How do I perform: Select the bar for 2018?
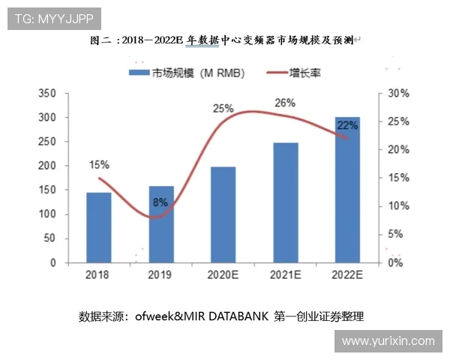pos(99,227)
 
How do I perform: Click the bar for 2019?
pos(161,224)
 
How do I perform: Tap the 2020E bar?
pos(223,214)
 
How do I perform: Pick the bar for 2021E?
pos(286,202)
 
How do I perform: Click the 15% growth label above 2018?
pos(100,164)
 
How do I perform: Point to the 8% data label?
pos(160,202)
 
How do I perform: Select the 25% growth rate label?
pos(223,109)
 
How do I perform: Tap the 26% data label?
pos(285,103)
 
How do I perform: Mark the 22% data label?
pos(348,126)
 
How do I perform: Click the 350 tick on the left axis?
pos(47,94)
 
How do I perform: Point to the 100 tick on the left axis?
pos(47,214)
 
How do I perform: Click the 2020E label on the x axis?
pos(223,275)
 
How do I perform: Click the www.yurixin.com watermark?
pos(388,341)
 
